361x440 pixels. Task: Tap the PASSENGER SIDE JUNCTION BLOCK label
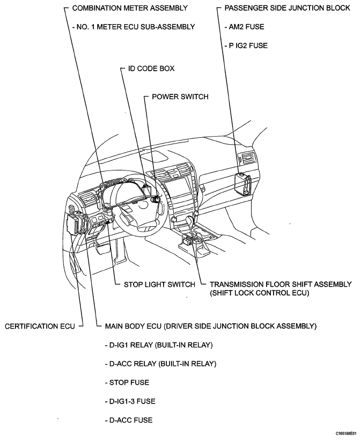(x=286, y=8)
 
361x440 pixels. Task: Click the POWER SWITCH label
(x=180, y=96)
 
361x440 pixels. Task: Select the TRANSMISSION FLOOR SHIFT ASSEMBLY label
(x=281, y=284)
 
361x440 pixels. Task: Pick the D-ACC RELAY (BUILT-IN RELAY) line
(x=160, y=363)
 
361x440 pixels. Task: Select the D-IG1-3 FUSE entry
(x=130, y=401)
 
